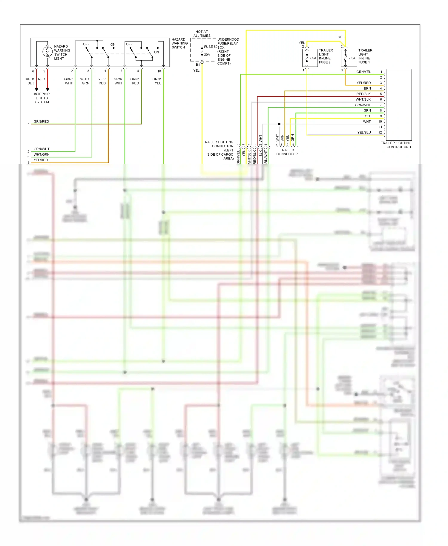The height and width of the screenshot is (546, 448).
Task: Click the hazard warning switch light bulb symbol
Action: (x=47, y=52)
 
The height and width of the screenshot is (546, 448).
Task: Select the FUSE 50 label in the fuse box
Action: (x=210, y=47)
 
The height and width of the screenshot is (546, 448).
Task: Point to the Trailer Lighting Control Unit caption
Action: (x=396, y=145)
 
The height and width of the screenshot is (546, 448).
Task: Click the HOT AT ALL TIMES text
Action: (x=202, y=33)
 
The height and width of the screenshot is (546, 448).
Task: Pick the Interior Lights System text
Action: (x=42, y=98)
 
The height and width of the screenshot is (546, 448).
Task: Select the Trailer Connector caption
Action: (x=287, y=152)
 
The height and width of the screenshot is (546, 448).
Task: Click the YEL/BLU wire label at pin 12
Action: (x=364, y=132)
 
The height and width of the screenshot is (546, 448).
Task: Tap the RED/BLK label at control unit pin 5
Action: (x=363, y=94)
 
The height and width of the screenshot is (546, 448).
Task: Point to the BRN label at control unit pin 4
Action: (x=367, y=88)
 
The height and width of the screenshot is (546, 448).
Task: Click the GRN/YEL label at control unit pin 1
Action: (x=363, y=72)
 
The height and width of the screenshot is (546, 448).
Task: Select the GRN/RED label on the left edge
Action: (x=41, y=122)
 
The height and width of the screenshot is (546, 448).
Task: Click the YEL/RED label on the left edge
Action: (x=41, y=160)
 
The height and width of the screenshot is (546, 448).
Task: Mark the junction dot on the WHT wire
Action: (x=279, y=124)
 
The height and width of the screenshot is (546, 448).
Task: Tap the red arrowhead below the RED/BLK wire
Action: (x=36, y=89)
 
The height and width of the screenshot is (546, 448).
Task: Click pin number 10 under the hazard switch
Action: (x=159, y=71)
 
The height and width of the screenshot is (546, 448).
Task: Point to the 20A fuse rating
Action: (x=207, y=55)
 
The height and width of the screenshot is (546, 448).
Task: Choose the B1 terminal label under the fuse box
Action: (x=198, y=65)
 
